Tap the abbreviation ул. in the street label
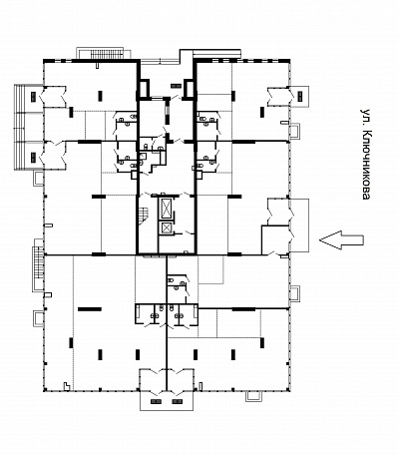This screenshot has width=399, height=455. coord(365,117)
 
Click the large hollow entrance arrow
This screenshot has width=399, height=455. coord(341,239)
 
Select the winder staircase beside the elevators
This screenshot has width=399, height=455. coord(143,215)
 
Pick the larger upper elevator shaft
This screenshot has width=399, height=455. coord(166,209)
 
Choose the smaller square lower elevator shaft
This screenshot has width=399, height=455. coord(166,228)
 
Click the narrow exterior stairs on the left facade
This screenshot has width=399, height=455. coord(39,262)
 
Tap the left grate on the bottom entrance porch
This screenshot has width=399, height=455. coord(156,401)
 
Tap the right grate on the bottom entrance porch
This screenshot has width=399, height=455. coord(178,401)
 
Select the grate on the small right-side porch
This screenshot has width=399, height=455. coord(300,96)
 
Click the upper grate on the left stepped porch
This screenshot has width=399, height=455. coord(33,97)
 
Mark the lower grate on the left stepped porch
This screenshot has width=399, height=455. coord(33,157)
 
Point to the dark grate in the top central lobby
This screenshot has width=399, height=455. coord(176,86)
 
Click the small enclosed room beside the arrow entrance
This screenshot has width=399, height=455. coord(275,239)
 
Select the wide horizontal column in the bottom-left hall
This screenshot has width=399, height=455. coord(90,309)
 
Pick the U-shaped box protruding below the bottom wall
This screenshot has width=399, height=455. coord(252,396)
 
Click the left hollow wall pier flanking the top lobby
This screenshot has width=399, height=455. coord(145,90)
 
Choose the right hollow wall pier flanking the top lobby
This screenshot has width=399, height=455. coord(189,90)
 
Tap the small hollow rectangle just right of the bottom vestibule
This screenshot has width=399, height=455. coord(200,385)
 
